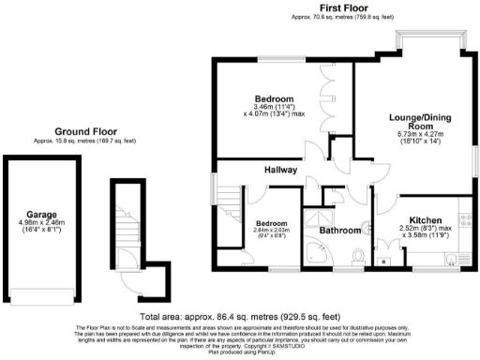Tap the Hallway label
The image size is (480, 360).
pyautogui.click(x=279, y=171)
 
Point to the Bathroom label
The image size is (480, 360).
pyautogui.click(x=340, y=230)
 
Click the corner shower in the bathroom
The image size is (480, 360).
pyautogui.click(x=321, y=254)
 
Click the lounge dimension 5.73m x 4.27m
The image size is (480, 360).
pyautogui.click(x=414, y=137)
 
